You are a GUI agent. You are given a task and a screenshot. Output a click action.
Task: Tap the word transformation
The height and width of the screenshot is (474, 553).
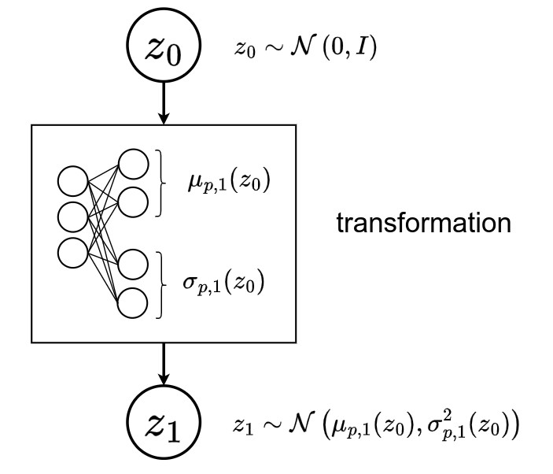tap(424, 224)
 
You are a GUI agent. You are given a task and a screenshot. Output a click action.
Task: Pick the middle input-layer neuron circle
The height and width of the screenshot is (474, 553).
tap(72, 216)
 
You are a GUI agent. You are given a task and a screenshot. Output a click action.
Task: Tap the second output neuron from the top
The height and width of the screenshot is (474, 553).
tap(133, 201)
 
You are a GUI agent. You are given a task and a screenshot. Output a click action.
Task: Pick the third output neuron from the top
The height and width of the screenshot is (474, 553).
tap(133, 266)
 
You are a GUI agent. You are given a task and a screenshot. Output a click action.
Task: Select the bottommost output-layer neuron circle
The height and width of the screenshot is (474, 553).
tap(133, 302)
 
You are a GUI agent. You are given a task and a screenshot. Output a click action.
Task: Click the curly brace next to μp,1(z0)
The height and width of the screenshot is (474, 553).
tap(164, 183)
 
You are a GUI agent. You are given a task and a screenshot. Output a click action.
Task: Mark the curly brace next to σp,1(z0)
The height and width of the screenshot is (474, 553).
tap(164, 283)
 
